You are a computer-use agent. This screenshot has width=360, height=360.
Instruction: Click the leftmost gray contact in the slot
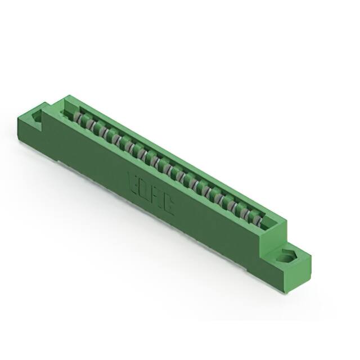pos(78,117)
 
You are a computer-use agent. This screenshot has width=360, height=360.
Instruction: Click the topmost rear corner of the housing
pos(67,96)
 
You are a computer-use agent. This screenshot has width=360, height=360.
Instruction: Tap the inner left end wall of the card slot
pos(70,106)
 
